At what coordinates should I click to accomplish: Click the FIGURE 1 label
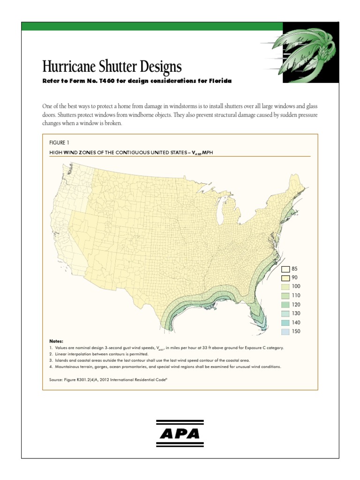[60, 142]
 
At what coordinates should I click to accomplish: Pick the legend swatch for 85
[285, 269]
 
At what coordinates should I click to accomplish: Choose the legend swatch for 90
[285, 278]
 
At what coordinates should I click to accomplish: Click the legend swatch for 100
[285, 287]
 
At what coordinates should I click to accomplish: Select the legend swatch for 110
[285, 296]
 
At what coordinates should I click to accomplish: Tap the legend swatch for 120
[285, 305]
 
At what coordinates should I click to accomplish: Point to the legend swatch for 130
[285, 314]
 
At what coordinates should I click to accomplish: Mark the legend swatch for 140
[285, 322]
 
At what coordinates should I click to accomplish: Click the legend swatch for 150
[285, 331]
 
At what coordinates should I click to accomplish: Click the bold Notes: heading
[56, 342]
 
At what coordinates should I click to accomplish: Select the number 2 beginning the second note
[51, 354]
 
